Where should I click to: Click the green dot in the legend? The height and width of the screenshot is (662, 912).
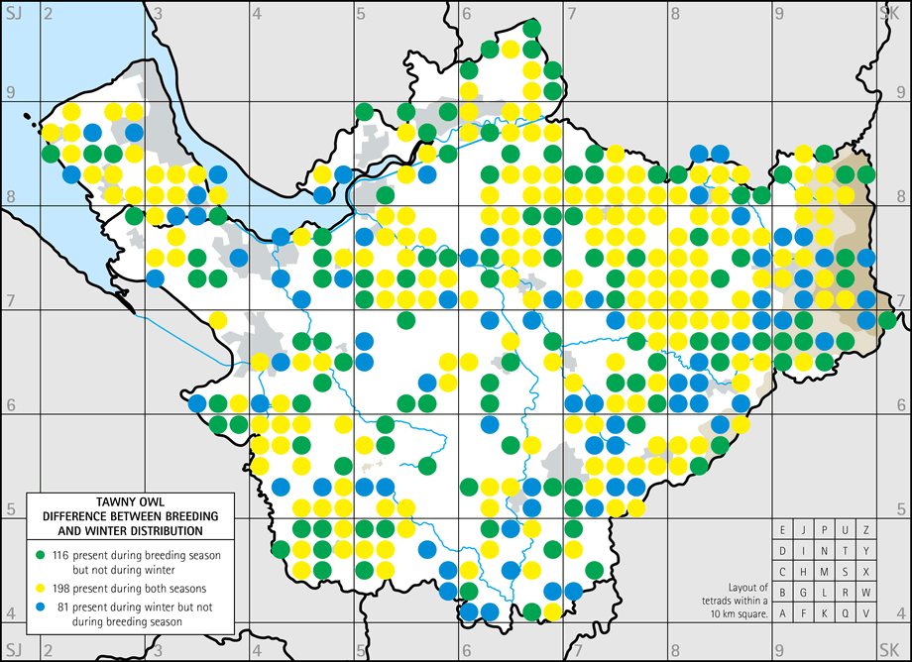click(41, 555)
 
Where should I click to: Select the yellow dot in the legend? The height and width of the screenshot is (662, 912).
click(41, 586)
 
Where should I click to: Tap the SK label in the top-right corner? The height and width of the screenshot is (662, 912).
click(889, 11)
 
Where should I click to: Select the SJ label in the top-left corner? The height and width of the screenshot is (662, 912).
click(14, 11)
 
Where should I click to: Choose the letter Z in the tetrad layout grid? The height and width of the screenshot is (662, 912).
click(866, 529)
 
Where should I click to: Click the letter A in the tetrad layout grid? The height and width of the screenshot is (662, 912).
click(783, 612)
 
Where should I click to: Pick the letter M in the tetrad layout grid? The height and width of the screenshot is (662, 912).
click(825, 571)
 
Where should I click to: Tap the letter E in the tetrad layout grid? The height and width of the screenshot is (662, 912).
click(783, 529)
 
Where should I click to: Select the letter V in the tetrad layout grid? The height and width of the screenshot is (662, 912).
click(866, 612)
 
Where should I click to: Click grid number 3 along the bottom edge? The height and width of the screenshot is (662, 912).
click(159, 652)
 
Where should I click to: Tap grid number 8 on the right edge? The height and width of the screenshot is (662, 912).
click(901, 196)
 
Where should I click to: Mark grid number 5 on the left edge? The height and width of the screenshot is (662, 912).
click(11, 508)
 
